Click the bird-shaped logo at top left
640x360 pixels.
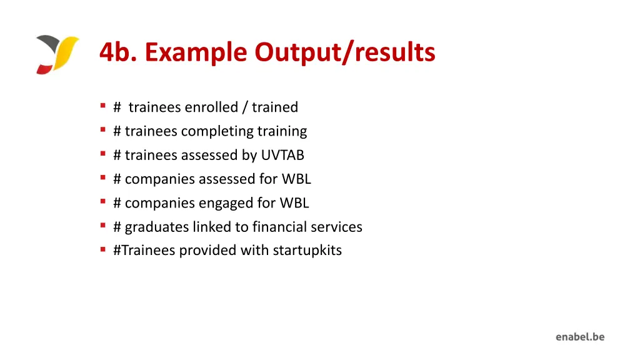pos(57,54)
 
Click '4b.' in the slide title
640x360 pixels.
pos(118,52)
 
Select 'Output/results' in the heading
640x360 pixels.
pos(345,52)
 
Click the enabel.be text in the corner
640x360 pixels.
pos(580,337)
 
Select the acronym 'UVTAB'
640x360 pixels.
pos(282,155)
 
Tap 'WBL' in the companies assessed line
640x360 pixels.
pos(296,179)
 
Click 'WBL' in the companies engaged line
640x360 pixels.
pos(294,203)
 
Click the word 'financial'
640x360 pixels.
pos(279,227)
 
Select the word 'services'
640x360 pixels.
pos(336,227)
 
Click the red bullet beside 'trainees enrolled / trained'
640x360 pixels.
pos(102,107)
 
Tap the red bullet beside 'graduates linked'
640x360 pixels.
pos(102,226)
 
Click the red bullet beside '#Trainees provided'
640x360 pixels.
pos(102,250)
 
